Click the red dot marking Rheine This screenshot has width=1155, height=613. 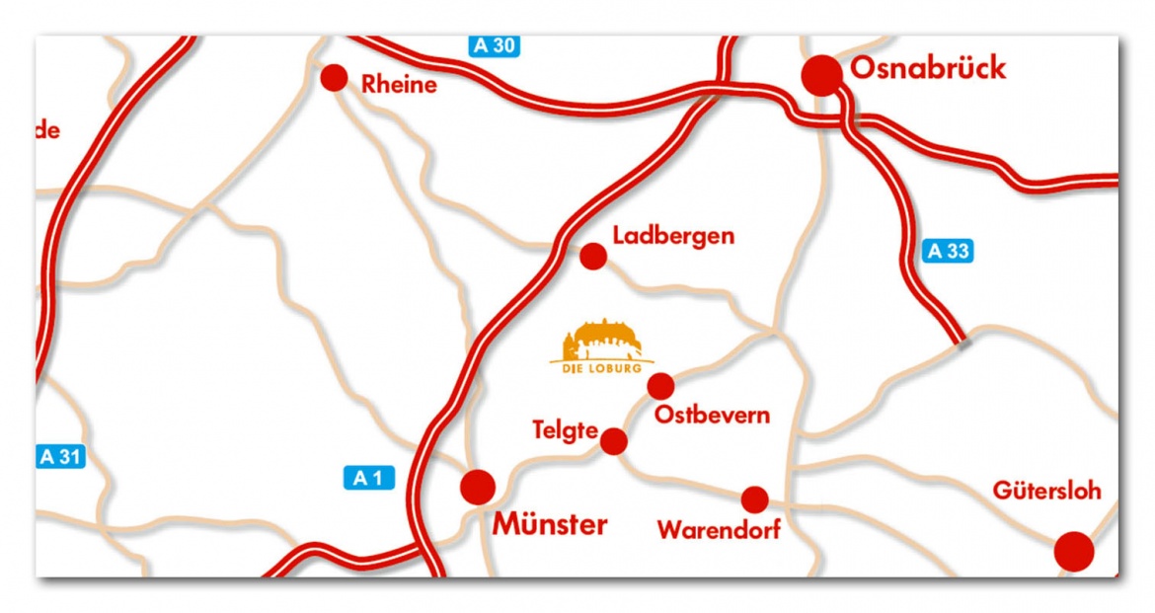pos(335,78)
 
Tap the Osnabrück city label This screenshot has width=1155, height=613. pos(928,68)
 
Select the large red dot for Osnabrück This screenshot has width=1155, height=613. pos(821,75)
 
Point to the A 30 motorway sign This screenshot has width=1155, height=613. pos(494,44)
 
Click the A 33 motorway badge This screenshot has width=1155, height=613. pos(949,251)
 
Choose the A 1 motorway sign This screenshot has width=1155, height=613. pos(368,479)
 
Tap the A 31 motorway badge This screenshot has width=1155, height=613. pos(61,457)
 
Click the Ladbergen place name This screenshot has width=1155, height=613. pos(673,236)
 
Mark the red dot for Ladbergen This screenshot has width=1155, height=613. pos(592,257)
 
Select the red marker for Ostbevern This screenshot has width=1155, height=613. pos(660,386)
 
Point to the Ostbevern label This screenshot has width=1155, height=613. pos(712,416)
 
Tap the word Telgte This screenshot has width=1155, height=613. pos(565,430)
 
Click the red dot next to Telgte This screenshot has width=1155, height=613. pos(614,441)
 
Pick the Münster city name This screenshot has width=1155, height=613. pos(550,524)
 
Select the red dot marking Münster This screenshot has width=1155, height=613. pos(478,486)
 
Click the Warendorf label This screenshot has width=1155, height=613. pos(719,530)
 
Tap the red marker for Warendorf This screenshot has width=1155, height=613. pos(755,499)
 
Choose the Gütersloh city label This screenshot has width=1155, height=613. pos(1046,491)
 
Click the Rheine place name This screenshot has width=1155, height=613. pos(399,85)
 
